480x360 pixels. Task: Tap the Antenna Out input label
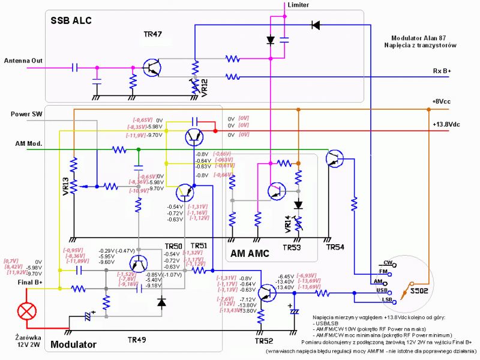pos(23,61)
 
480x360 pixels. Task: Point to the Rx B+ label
pos(442,71)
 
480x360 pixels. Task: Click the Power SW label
pos(27,113)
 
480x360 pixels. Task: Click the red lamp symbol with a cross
pos(26,311)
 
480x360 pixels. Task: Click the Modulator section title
pos(73,345)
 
